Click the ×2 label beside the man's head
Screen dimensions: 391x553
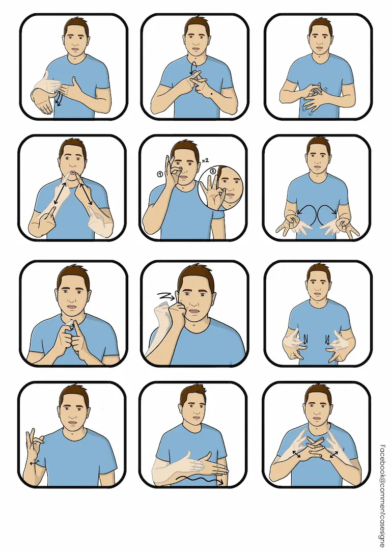point(205,160)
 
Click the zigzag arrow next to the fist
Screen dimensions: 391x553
point(165,295)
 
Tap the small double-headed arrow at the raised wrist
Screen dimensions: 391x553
point(34,463)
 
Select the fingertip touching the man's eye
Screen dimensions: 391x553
point(179,169)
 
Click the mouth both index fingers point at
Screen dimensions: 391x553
point(72,173)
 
